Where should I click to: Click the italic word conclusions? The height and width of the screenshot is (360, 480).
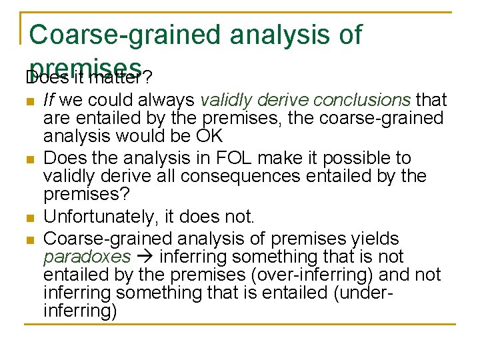coord(362,100)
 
